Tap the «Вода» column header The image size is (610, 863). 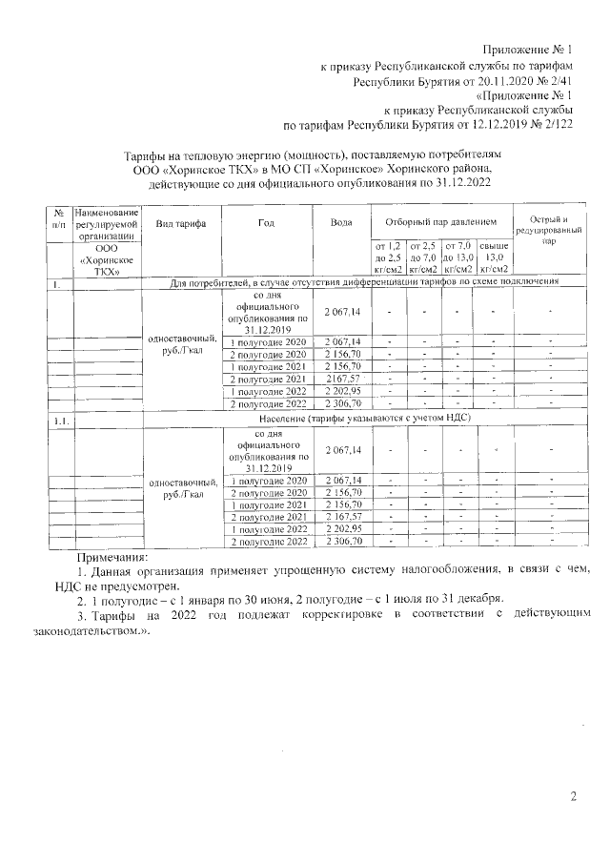click(341, 222)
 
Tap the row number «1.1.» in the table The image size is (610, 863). click(59, 419)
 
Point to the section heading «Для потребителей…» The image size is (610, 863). click(363, 283)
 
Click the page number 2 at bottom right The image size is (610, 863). click(574, 796)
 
